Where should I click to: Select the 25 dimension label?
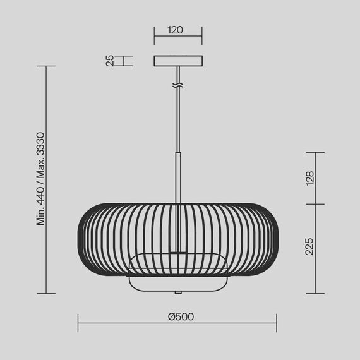(x=109, y=61)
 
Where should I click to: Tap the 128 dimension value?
(x=309, y=178)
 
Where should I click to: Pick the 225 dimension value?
(x=309, y=248)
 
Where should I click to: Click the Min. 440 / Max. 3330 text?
(x=40, y=178)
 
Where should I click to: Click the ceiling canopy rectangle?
(x=179, y=61)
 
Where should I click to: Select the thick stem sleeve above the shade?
(x=179, y=177)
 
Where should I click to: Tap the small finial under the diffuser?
(x=179, y=292)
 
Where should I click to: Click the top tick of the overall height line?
(x=46, y=66)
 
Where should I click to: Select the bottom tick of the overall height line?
(x=46, y=293)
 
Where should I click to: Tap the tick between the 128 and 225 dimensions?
(x=315, y=204)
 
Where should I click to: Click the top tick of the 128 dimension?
(x=315, y=152)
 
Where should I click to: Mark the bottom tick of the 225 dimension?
(x=315, y=293)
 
